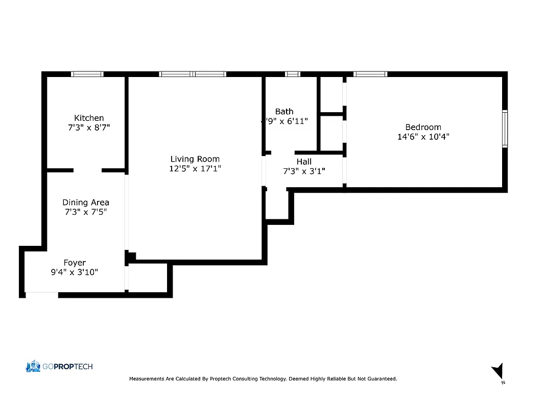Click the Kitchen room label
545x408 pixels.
pos(89,118)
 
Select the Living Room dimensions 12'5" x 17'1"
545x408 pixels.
pos(195,168)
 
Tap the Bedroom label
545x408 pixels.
pos(423,127)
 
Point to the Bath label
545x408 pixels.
pos(284,111)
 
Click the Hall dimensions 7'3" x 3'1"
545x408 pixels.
pos(304,171)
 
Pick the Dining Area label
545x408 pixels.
pos(86,202)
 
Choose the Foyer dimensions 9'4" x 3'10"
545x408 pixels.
pos(75,272)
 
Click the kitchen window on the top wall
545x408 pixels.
pos(87,74)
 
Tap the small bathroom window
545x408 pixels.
pos(293,74)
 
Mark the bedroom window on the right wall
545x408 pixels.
pos(505,129)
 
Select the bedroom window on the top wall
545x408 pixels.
pos(370,74)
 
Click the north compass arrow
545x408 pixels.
pos(498,371)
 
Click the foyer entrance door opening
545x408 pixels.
pos(41,294)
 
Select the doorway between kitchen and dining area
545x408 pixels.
pos(87,170)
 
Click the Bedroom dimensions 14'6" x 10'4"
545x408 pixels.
pos(423,137)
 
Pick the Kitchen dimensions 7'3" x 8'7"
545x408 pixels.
pos(89,127)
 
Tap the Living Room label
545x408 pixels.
pos(195,159)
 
